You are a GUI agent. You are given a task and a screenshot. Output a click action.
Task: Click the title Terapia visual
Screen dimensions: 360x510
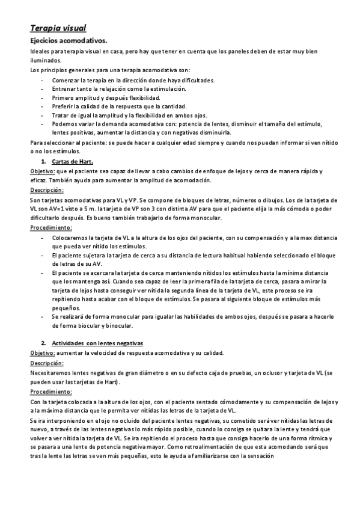[58, 28]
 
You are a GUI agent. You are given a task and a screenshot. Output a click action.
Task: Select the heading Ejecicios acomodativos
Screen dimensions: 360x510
[69, 40]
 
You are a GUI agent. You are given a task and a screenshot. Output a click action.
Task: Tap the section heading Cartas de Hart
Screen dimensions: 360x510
[72, 162]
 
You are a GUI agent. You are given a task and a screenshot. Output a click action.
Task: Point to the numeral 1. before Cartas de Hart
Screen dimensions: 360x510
[44, 162]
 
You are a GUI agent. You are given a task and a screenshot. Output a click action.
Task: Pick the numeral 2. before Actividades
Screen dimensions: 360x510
[44, 342]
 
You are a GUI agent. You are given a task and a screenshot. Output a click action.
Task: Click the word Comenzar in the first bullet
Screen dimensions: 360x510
[67, 80]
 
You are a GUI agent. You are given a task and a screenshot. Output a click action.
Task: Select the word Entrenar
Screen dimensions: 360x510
[64, 88]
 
